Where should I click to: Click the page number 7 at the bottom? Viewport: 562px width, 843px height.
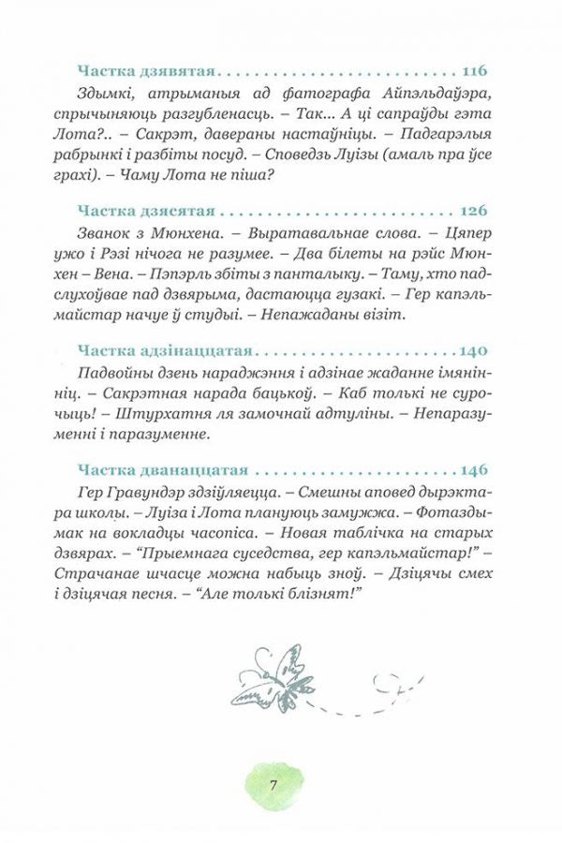pos(273,785)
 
